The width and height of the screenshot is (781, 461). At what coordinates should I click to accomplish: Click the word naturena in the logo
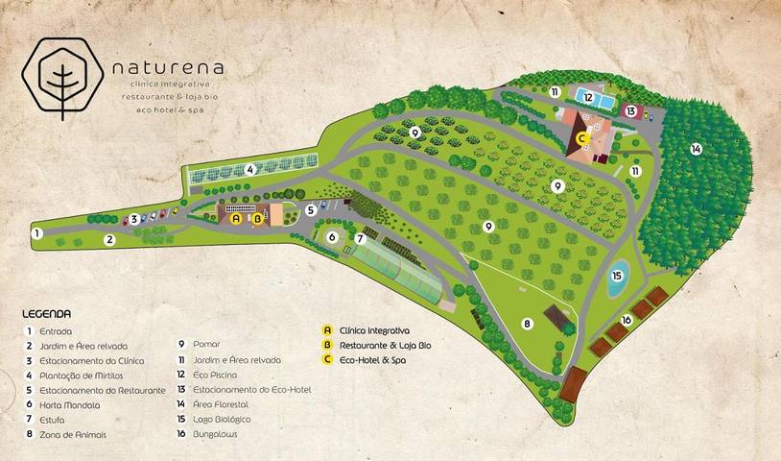[168, 68]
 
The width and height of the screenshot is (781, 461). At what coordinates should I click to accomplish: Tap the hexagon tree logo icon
[63, 77]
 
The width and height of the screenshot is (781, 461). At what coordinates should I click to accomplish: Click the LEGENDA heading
[47, 314]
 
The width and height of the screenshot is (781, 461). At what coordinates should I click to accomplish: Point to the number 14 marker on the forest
[696, 149]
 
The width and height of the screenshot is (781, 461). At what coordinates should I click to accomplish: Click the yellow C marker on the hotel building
[582, 138]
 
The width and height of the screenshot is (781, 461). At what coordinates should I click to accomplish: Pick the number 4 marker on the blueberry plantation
[249, 169]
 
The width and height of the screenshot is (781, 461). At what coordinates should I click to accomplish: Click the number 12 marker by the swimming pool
[587, 97]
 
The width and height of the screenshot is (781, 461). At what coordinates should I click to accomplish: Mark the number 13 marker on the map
[629, 111]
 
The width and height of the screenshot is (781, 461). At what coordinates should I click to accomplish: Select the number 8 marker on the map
[527, 324]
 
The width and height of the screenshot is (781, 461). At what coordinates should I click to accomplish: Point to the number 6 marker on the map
[332, 236]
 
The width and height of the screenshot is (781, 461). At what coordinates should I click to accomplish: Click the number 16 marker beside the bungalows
[626, 320]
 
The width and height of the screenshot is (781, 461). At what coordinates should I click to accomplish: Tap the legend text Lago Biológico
[222, 420]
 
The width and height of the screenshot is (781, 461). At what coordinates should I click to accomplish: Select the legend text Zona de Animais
[73, 434]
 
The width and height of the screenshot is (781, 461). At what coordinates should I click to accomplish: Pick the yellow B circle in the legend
[329, 345]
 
